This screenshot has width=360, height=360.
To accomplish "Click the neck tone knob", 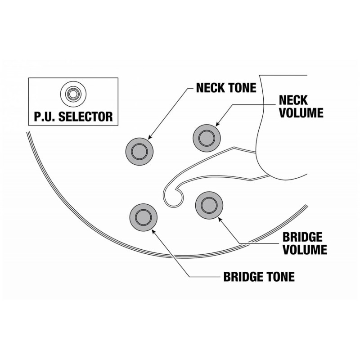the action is tap(139, 152).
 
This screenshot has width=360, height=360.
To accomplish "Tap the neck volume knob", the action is tap(207, 138).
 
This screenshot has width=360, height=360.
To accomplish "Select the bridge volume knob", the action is tap(209, 205).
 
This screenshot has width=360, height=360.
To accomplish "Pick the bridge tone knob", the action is tap(144, 217).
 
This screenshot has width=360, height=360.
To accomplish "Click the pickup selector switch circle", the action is tap(73, 94).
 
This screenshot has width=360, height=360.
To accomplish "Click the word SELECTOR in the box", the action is tap(85, 117).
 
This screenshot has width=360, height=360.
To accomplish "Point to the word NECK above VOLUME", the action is tap(293, 100).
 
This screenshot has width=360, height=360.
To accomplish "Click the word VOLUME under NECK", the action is tap(301, 112).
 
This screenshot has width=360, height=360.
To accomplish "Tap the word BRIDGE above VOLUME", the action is tap(302, 237).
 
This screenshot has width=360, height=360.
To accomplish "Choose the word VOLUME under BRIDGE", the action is tap(305, 250).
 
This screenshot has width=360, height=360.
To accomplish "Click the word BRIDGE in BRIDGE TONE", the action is tap(243, 277).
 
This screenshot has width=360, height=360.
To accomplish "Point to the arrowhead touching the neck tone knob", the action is tap(150, 137).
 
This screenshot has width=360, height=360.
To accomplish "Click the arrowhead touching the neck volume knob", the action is tap(217, 124).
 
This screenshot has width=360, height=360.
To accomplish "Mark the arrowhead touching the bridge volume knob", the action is tap(220, 219).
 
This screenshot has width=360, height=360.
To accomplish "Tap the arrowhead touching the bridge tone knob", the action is tap(154, 231).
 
